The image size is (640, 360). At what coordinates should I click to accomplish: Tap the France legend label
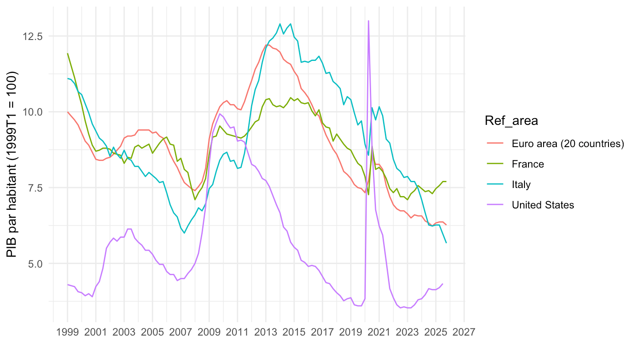click(528, 164)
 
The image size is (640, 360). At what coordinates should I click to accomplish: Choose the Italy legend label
click(521, 184)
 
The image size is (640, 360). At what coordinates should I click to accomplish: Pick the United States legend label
click(543, 205)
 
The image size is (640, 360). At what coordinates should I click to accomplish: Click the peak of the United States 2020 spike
click(368, 21)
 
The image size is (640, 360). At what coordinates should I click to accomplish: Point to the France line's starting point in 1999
click(68, 54)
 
